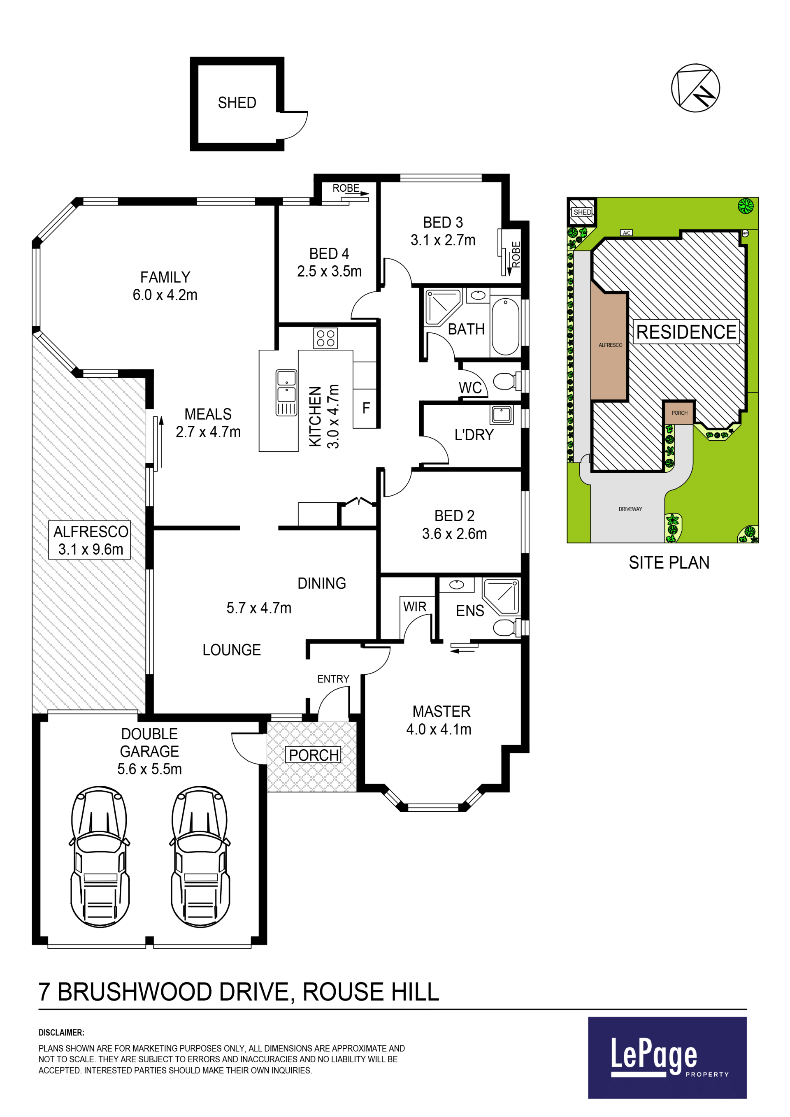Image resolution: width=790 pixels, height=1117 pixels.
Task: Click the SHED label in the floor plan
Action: (x=237, y=103)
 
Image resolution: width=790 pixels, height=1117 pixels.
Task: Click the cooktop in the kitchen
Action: (x=325, y=339)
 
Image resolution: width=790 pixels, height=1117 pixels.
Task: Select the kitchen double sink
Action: (x=286, y=392)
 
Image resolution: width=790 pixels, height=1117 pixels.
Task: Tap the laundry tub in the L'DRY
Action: (x=502, y=414)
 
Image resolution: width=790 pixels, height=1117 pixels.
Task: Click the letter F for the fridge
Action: (x=366, y=408)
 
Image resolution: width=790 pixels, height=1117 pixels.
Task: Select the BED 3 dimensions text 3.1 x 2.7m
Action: (x=443, y=240)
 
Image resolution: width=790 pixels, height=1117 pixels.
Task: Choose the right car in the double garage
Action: (x=200, y=857)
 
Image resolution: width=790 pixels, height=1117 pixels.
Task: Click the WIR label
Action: (x=414, y=607)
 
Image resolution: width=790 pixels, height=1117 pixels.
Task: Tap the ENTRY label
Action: (x=333, y=679)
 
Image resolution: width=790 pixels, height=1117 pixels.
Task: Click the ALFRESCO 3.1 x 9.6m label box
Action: (x=90, y=540)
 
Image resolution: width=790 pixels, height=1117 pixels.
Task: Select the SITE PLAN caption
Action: (x=669, y=562)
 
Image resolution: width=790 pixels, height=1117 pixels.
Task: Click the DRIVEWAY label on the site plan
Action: (x=630, y=509)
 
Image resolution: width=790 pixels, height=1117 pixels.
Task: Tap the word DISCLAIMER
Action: (x=61, y=1032)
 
